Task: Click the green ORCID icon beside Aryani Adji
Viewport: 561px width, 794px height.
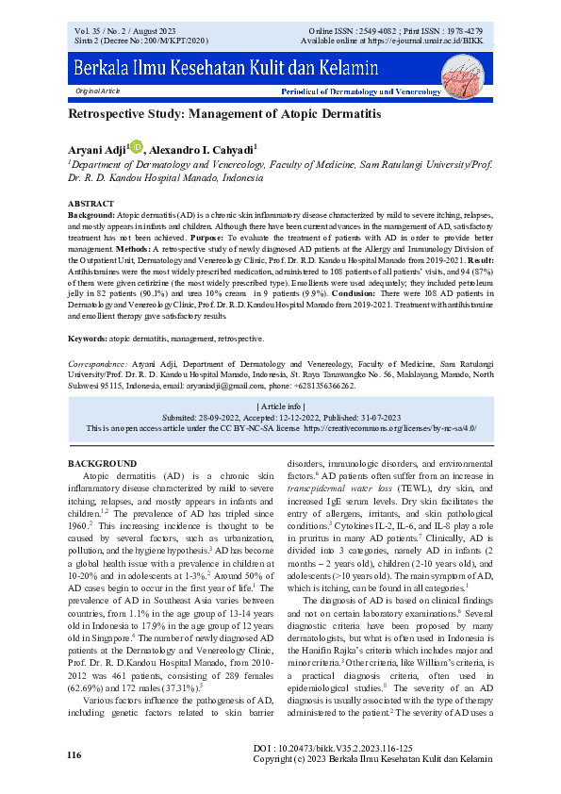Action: pyautogui.click(x=137, y=147)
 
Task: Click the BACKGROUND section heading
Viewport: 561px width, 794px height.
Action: pyautogui.click(x=103, y=464)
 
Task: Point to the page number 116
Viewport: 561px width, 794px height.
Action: pyautogui.click(x=74, y=756)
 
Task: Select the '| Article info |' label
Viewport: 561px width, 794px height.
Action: pyautogui.click(x=280, y=405)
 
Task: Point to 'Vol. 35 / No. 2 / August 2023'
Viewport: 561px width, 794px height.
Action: pyautogui.click(x=128, y=32)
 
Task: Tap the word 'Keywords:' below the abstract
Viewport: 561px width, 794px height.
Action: pyautogui.click(x=89, y=338)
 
